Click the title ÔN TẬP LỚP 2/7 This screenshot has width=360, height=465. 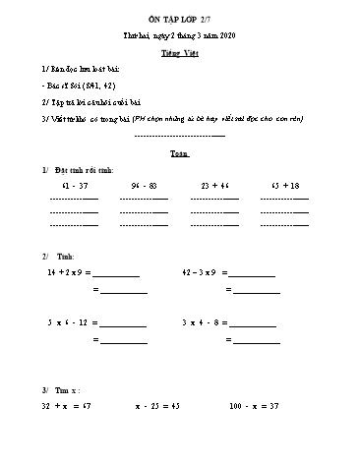coord(180,20)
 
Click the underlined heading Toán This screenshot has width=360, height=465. coord(179,154)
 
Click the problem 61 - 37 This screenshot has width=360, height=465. coord(74,185)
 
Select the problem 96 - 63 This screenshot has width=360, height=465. coord(144,185)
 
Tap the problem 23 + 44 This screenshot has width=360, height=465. coord(214,185)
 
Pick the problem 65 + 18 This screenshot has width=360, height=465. coord(284,185)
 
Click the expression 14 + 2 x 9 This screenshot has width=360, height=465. coord(68,269)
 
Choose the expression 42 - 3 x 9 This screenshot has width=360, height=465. coord(205,269)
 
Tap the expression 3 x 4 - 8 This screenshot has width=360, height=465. coord(206,321)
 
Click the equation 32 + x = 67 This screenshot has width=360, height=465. coord(66,405)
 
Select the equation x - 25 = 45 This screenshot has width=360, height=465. coord(157,405)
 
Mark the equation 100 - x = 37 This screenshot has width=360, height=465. coord(254,405)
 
